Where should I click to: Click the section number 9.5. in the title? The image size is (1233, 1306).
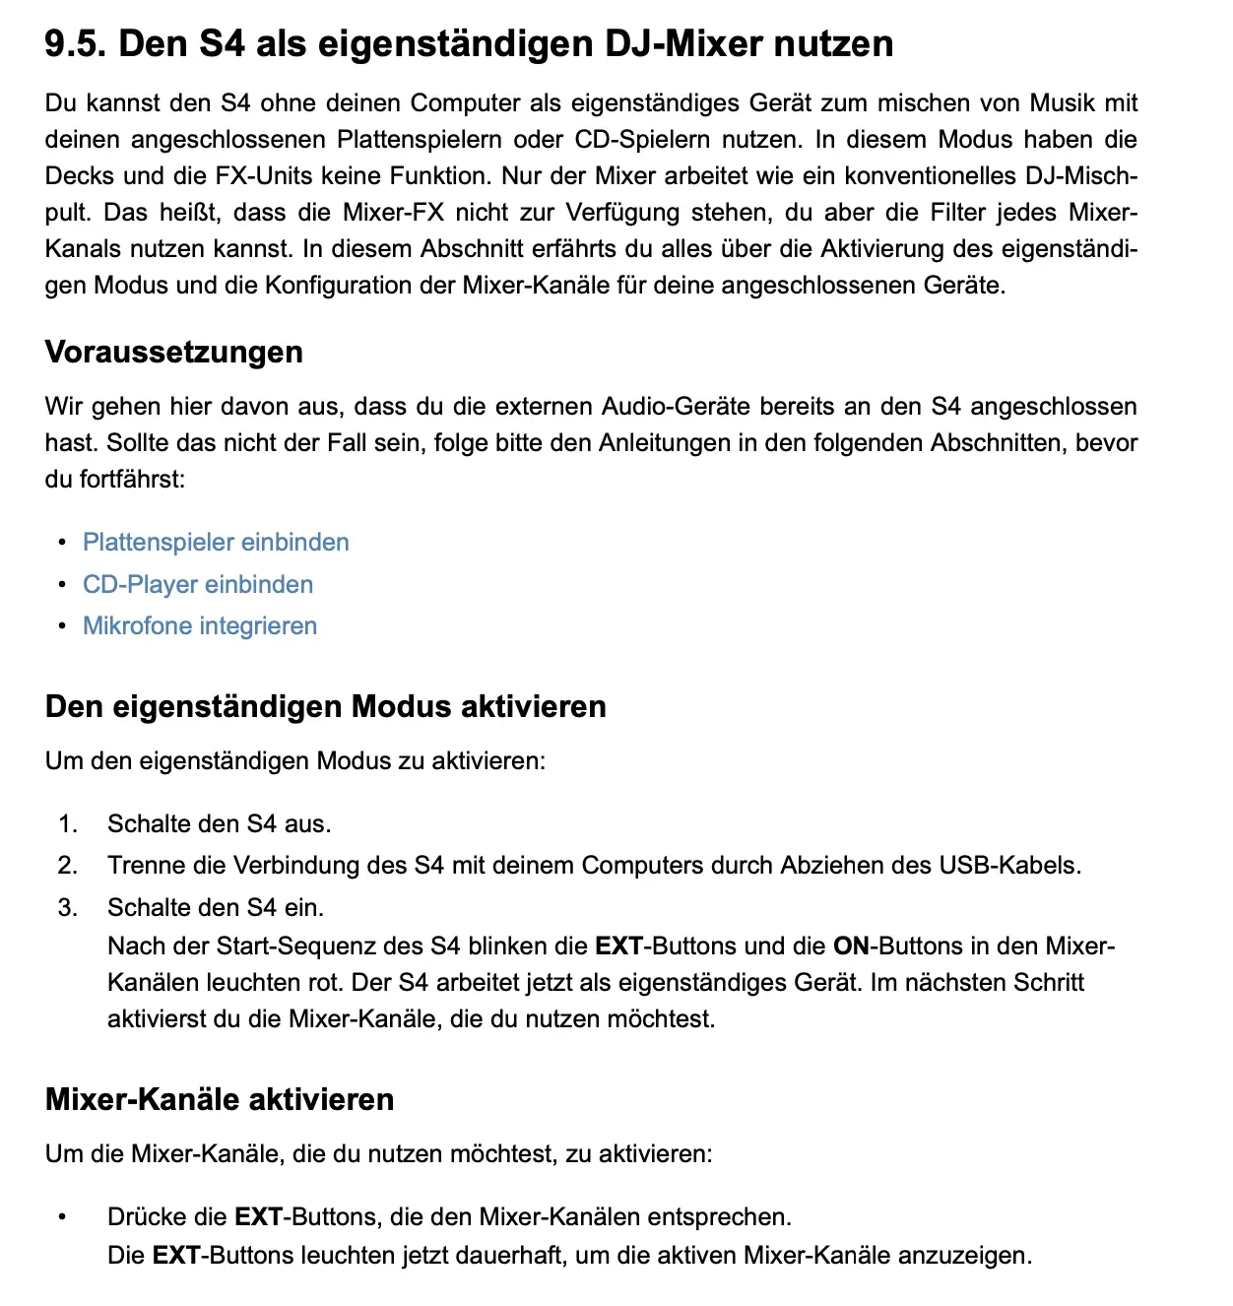coord(76,44)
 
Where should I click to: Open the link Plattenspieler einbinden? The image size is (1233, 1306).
coord(216,543)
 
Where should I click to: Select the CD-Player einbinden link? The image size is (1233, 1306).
coord(198,585)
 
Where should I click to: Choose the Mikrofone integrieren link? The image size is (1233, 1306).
coord(200,626)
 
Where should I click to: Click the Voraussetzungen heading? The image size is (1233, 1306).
coord(174,353)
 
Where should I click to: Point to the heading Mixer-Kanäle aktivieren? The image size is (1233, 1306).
coord(220,1100)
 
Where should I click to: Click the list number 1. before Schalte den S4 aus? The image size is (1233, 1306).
coord(67,824)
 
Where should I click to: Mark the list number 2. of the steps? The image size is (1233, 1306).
coord(67,866)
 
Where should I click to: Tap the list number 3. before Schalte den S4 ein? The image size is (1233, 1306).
coord(67,908)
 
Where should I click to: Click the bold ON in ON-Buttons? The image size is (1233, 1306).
coord(852,947)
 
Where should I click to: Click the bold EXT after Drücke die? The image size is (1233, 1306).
coord(258,1217)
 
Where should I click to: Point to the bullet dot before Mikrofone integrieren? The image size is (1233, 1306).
coord(62,626)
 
